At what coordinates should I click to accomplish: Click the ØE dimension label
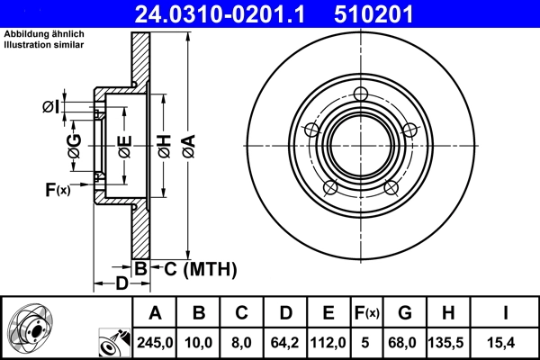point(124,143)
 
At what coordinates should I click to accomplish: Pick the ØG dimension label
point(76,144)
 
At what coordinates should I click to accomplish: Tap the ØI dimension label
point(53,108)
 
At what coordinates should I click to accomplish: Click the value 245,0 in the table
point(156,342)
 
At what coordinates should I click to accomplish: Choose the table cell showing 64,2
point(285,342)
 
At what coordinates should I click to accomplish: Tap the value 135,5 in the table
point(447,342)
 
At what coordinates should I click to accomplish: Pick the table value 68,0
point(404,342)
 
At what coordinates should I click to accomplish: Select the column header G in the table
point(404,313)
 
